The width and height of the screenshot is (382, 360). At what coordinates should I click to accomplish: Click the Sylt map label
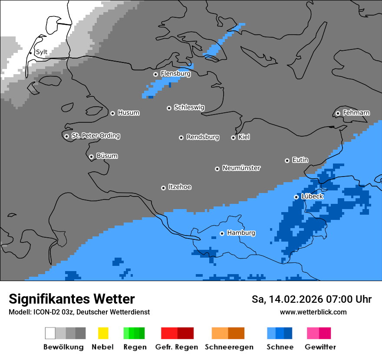coord(41,52)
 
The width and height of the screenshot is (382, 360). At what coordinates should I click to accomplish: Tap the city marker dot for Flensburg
coord(155,74)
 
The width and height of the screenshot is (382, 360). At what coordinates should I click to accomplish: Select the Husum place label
coord(128,113)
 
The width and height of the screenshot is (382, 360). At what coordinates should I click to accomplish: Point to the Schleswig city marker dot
coord(169,108)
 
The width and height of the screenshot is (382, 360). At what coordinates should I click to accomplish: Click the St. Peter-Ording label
coord(95,136)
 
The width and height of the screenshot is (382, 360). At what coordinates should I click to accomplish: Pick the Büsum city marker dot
coord(91,157)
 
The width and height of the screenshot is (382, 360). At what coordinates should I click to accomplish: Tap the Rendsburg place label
coord(203,137)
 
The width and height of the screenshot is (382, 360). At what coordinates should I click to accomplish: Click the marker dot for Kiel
coord(233,137)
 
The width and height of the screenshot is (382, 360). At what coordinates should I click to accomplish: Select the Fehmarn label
coord(356,113)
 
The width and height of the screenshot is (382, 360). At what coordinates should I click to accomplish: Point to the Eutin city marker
coord(287,160)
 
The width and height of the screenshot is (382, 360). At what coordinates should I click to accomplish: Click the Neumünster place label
coord(241,168)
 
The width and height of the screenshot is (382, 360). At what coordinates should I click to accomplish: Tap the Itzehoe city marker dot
coord(163,188)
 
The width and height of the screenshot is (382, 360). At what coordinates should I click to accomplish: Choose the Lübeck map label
coord(312,196)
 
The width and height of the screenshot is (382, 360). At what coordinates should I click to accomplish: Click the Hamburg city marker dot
coord(222,233)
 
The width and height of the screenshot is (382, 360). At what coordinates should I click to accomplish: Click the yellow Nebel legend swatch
coord(103,333)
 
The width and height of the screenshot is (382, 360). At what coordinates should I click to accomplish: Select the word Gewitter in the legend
coord(320,347)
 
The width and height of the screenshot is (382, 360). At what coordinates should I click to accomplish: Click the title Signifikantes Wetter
coord(72,299)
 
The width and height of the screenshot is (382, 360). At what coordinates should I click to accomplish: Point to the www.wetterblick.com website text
coord(313,312)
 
